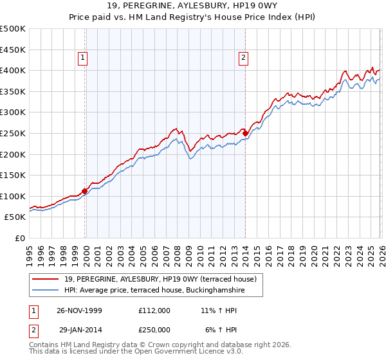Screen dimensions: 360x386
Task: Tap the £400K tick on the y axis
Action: [13, 71]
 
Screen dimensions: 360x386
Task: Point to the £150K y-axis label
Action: [13, 175]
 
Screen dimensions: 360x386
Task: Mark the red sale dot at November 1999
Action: [85, 191]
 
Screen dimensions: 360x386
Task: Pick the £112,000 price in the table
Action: [154, 310]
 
